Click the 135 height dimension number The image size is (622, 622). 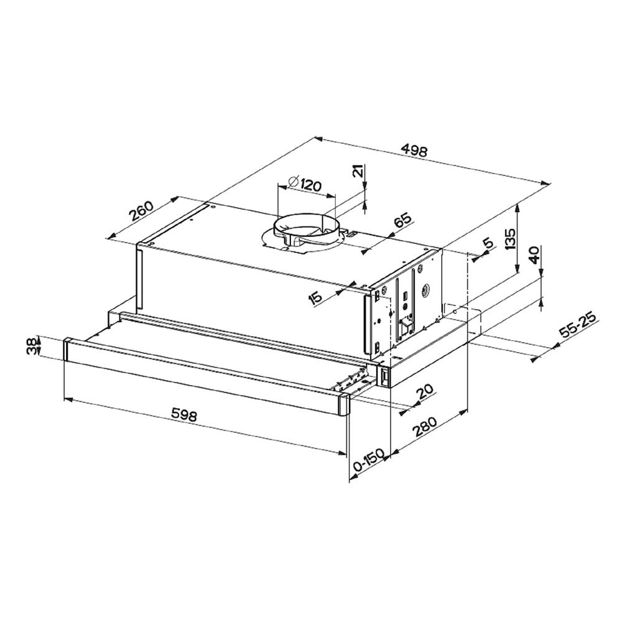(510, 239)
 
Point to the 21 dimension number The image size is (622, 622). (357, 172)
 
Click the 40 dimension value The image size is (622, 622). (534, 255)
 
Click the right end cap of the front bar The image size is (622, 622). (343, 404)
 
